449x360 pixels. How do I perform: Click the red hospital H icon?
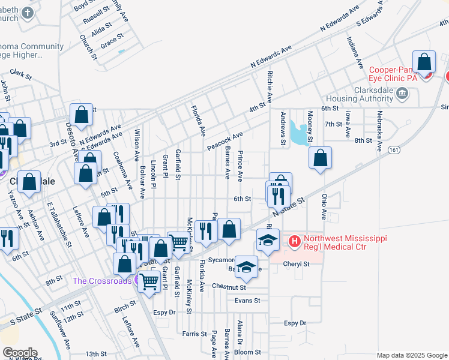click(295, 242)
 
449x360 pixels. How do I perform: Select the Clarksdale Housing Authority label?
click(359, 93)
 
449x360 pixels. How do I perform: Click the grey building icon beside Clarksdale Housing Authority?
click(402, 93)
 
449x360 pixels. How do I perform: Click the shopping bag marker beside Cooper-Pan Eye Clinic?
click(424, 62)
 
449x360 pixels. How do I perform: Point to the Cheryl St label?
click(297, 263)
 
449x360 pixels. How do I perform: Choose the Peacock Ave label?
click(224, 142)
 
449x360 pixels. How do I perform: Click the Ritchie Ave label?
click(270, 88)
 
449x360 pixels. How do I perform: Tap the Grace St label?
click(112, 43)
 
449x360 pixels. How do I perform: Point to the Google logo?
click(19, 352)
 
